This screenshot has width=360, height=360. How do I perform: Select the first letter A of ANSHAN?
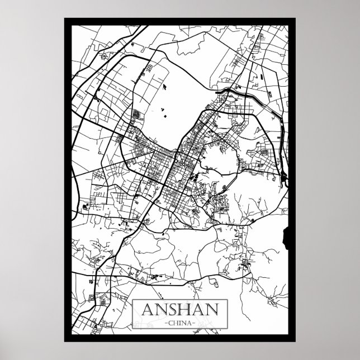pos(147,309)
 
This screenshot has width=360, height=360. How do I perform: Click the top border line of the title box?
pos(179,300)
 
